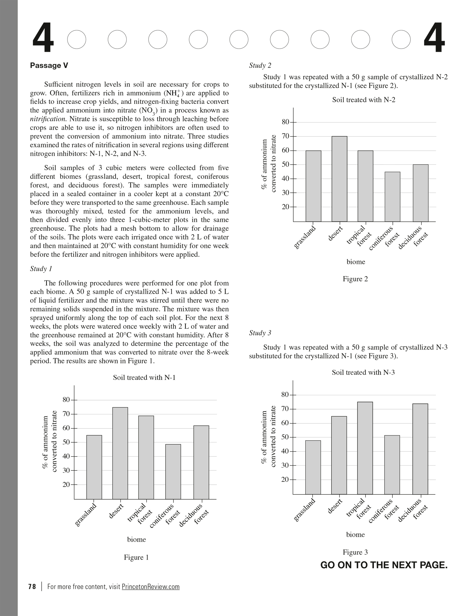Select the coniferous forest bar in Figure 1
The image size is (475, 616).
(173, 472)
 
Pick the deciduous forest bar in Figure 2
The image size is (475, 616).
(421, 193)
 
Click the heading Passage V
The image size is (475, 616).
(49, 66)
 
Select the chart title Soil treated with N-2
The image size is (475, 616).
(363, 100)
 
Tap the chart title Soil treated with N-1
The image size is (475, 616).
(144, 377)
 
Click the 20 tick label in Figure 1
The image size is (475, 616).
(66, 484)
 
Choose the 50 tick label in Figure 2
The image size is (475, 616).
(285, 164)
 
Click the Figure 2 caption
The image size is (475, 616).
(355, 279)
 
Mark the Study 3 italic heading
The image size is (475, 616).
(260, 333)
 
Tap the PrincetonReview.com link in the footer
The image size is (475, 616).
(151, 586)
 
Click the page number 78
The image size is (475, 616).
(32, 586)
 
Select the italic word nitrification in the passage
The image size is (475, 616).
(48, 119)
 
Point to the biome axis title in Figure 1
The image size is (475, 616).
(136, 539)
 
